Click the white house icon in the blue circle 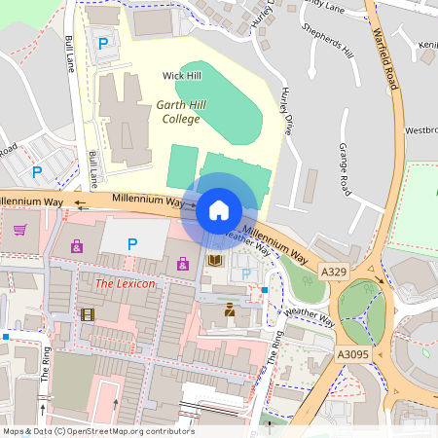[219, 209]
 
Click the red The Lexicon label [124, 283]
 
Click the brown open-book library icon [215, 260]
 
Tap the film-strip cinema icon [89, 314]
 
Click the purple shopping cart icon [19, 230]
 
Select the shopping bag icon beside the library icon [183, 263]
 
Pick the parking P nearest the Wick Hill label [103, 43]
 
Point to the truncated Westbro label [421, 129]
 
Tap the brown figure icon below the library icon [230, 310]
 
